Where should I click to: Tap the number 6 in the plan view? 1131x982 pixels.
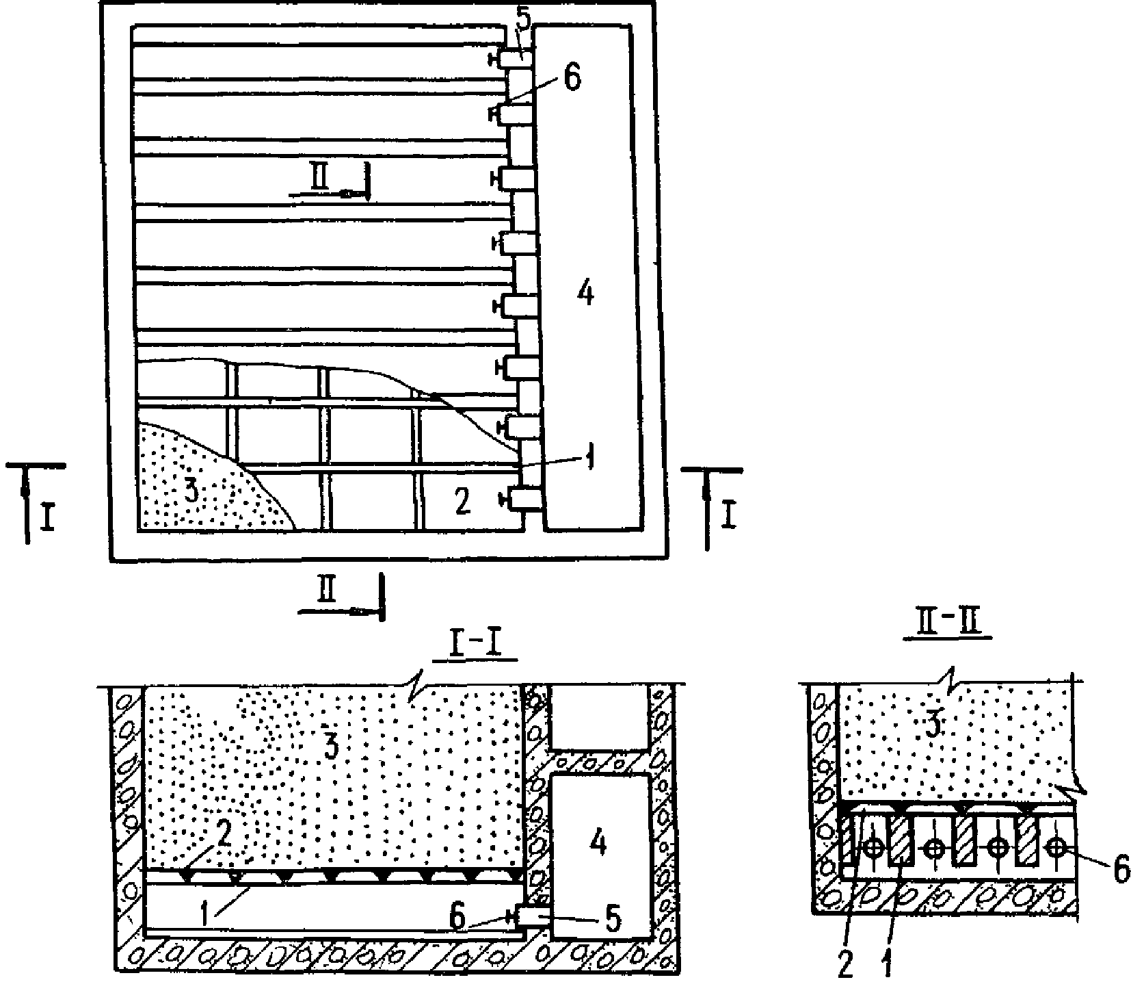[573, 79]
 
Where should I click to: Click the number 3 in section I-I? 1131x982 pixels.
[332, 747]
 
